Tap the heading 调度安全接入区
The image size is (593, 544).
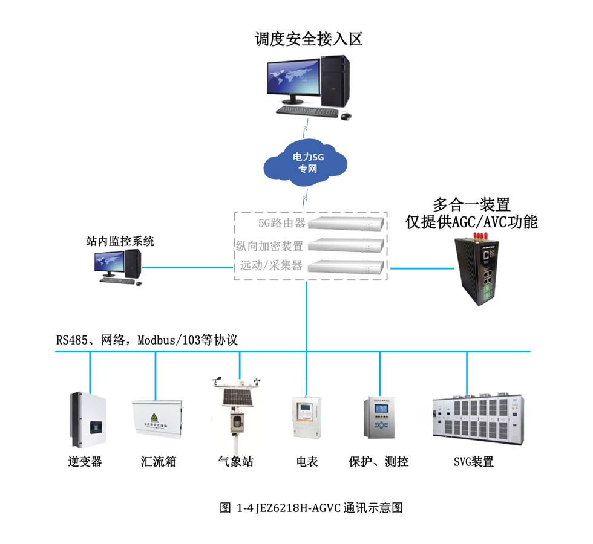(x=309, y=40)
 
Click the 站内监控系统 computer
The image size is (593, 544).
(x=118, y=266)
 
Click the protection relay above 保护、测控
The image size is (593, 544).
(x=379, y=418)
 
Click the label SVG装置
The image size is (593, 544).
(x=474, y=462)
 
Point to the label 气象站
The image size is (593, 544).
(x=235, y=462)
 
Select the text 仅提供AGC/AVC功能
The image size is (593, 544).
(x=471, y=222)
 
